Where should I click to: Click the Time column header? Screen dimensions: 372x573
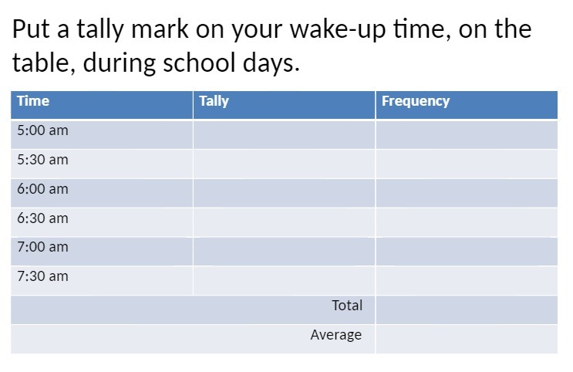[x=33, y=101]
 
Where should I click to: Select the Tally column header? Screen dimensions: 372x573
[x=214, y=101]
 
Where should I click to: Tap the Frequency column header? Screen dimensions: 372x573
[x=415, y=101]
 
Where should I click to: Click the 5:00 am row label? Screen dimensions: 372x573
[x=42, y=130]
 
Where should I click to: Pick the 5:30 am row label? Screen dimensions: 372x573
[x=42, y=160]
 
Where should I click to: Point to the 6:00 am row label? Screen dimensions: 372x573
[x=42, y=189]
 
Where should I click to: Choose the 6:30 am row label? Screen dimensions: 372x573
[x=42, y=218]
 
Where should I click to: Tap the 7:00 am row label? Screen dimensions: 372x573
[x=42, y=247]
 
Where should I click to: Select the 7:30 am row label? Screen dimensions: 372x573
[x=42, y=276]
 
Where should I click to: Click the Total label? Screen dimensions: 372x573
[x=347, y=306]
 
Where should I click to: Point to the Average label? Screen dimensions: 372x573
[x=336, y=335]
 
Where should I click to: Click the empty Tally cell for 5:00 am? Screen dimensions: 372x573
[x=284, y=134]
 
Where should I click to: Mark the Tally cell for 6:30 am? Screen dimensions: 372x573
[x=284, y=222]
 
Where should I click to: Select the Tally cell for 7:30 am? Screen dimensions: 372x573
[x=284, y=280]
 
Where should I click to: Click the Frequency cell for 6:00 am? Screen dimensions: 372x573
[x=466, y=193]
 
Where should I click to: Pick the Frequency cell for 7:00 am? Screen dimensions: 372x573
[x=466, y=251]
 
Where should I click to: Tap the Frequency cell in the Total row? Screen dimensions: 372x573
[x=466, y=309]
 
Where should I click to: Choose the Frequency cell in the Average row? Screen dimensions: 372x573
[x=466, y=339]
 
